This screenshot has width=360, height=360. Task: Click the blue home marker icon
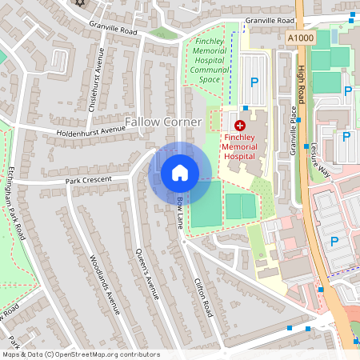(179, 172)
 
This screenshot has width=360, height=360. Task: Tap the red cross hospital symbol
(238, 125)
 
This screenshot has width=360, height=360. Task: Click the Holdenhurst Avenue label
(90, 130)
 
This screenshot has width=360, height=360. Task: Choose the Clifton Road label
(203, 294)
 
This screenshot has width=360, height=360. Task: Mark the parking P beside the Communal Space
(255, 82)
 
